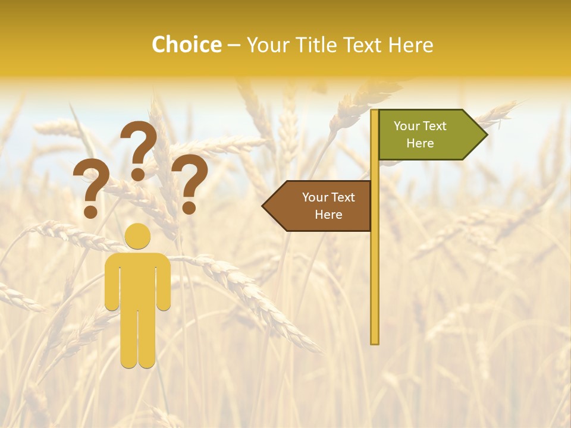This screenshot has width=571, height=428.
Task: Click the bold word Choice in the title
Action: pyautogui.click(x=186, y=45)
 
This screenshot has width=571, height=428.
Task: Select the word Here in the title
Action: pyautogui.click(x=410, y=45)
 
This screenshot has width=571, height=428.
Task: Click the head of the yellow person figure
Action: pyautogui.click(x=137, y=235)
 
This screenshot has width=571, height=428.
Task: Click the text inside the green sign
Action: pyautogui.click(x=420, y=134)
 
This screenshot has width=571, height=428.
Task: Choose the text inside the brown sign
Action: pyautogui.click(x=328, y=206)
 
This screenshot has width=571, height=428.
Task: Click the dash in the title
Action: pyautogui.click(x=234, y=45)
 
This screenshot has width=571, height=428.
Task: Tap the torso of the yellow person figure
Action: pyautogui.click(x=137, y=279)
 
